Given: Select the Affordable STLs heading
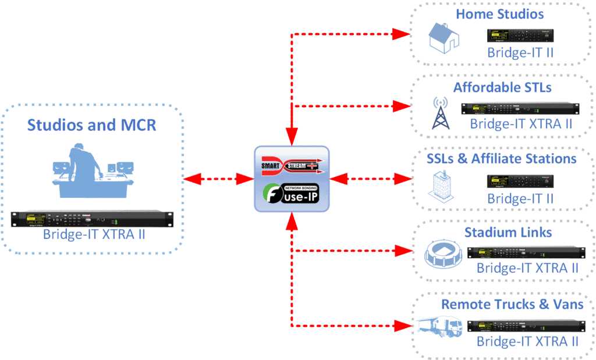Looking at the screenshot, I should pos(502,88).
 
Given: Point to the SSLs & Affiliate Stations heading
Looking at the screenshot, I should pos(500,158).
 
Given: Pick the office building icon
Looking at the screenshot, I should pos(440,187).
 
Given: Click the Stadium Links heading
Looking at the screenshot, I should pos(508,233).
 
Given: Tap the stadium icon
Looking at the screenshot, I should pos(444,254).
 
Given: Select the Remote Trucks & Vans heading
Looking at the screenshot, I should pos(512,304).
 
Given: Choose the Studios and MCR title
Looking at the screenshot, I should pos(93,124).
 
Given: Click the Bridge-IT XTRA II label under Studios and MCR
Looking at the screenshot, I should pos(93,235).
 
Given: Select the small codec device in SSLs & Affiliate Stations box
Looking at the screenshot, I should pos(520,181).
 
